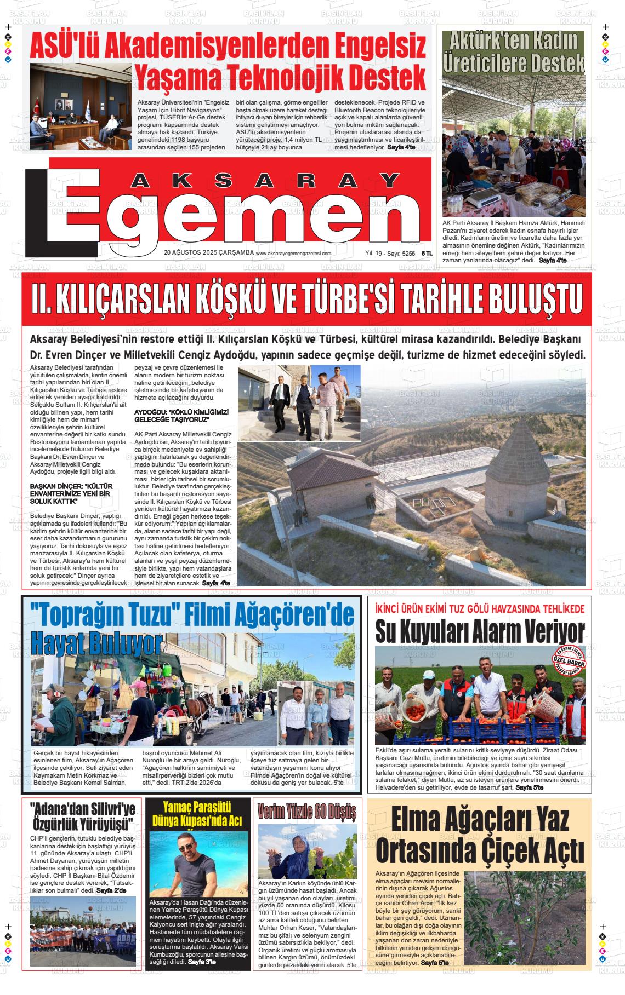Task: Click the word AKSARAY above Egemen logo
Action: pos(266,181)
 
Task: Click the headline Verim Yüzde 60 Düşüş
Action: pos(307,810)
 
